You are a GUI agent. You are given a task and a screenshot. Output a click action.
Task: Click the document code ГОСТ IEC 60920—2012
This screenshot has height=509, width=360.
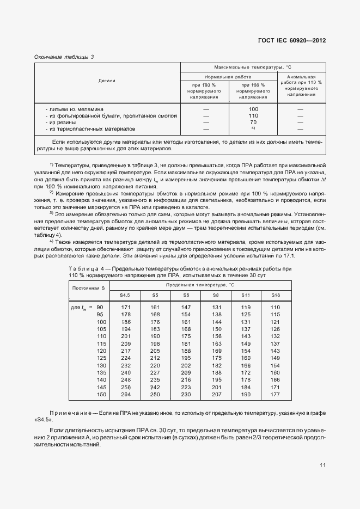point(291,41)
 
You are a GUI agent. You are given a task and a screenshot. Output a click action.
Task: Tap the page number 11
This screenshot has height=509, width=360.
point(323,465)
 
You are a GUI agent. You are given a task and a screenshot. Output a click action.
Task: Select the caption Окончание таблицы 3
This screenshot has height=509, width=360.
point(64,57)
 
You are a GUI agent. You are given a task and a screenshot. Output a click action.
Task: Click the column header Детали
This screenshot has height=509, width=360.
point(107,81)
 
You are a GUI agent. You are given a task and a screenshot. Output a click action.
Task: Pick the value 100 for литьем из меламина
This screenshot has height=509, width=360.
point(253,109)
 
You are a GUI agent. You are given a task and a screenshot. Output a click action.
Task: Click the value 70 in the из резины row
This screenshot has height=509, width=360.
point(253,122)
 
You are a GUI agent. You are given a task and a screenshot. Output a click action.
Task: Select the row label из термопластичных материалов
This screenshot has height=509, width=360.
point(91,129)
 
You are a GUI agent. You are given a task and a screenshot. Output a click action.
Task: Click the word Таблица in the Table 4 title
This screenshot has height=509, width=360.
point(83,269)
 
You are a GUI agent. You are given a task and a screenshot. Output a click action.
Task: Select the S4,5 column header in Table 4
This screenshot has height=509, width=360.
point(125,295)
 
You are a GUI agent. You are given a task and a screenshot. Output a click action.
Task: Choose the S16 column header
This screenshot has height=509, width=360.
point(275,295)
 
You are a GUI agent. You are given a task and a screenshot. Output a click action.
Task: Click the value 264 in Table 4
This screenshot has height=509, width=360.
point(126,394)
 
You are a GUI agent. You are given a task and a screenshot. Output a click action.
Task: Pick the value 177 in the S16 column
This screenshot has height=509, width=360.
point(275,394)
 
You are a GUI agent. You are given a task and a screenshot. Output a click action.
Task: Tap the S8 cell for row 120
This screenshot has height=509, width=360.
point(217,351)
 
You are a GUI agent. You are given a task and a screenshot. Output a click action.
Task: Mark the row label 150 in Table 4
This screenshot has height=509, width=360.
point(100,394)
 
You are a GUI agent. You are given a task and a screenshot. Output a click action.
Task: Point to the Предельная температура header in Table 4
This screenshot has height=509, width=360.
point(200,284)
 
